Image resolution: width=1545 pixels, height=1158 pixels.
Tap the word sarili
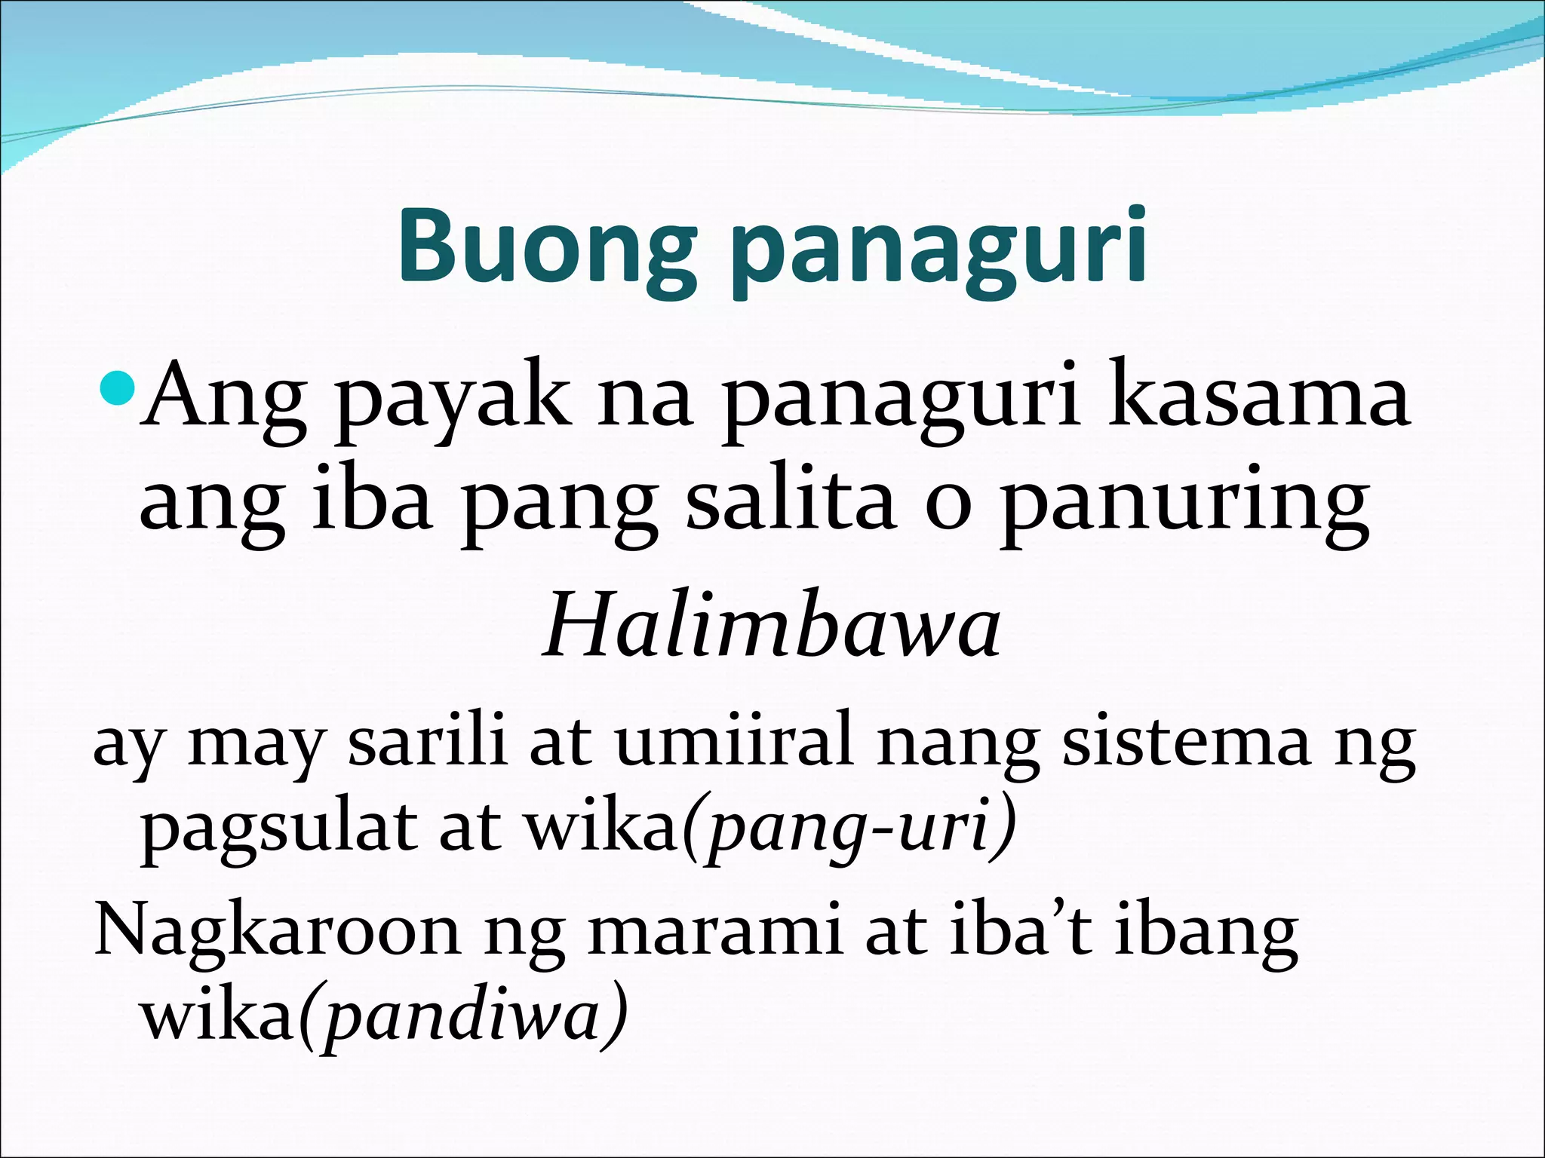click(x=426, y=742)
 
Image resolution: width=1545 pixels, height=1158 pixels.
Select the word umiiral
click(x=735, y=742)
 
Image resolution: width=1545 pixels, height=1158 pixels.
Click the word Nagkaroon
click(x=276, y=932)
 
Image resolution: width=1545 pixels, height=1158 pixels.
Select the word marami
click(x=714, y=932)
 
